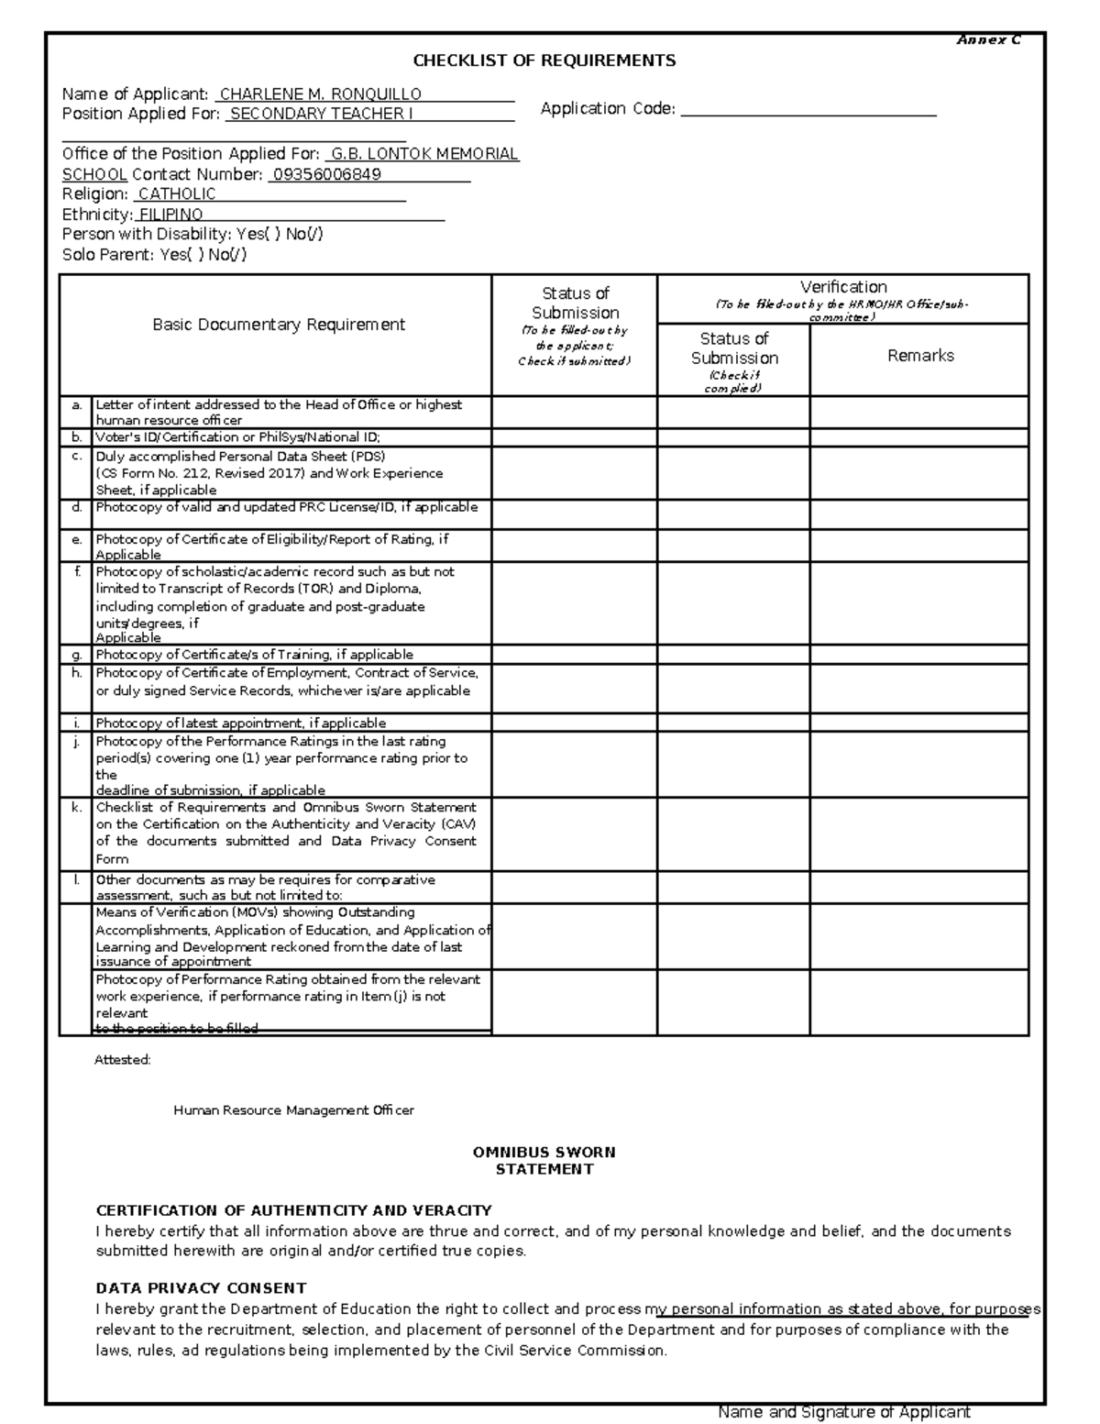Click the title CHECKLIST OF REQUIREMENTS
click(x=544, y=61)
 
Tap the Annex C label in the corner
click(x=988, y=40)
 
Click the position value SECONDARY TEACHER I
click(x=321, y=114)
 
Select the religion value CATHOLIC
click(x=177, y=194)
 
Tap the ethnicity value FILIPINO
click(x=170, y=215)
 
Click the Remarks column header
click(x=920, y=356)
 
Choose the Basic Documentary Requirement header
click(x=278, y=325)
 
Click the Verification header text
click(x=842, y=287)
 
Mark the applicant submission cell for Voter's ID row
click(x=574, y=437)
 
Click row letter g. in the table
click(x=77, y=655)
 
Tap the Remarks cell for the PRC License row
click(x=919, y=513)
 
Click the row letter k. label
click(x=77, y=808)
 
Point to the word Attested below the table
click(x=123, y=1060)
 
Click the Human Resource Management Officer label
click(x=293, y=1110)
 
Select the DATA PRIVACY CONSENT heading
click(x=201, y=1288)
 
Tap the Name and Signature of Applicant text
click(x=843, y=1412)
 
